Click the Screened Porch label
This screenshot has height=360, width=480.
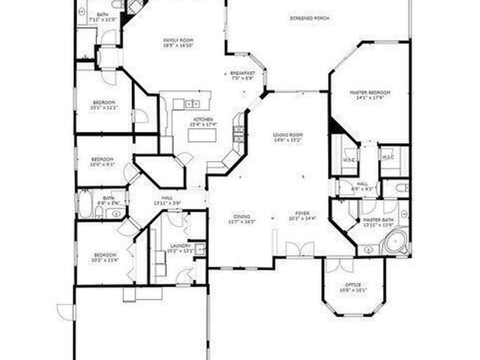309,19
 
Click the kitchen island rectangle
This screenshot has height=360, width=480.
202,135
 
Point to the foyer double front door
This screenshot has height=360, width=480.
299,249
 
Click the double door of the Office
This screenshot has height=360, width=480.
339,265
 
